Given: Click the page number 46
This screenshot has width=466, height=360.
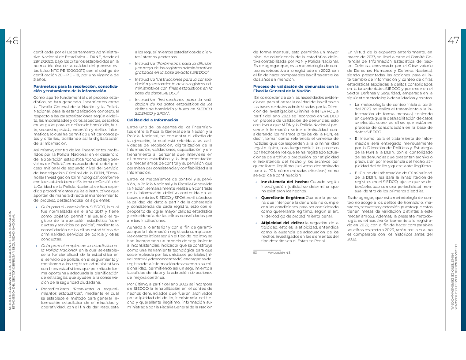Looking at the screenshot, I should tap(12, 41).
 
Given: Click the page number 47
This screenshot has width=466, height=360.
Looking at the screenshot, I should tap(453, 41).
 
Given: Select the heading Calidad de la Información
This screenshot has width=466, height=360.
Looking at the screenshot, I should tap(147, 120).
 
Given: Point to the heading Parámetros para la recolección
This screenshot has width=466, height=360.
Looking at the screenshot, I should tap(75, 88).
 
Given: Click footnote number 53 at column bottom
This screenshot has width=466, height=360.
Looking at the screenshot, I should tap(255, 253).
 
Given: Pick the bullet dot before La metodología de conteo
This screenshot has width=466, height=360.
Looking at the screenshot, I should tap(351, 104).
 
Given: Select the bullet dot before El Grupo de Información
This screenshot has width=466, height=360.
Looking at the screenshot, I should tap(351, 172).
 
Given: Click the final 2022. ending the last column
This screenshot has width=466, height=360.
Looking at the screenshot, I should tap(352, 239).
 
